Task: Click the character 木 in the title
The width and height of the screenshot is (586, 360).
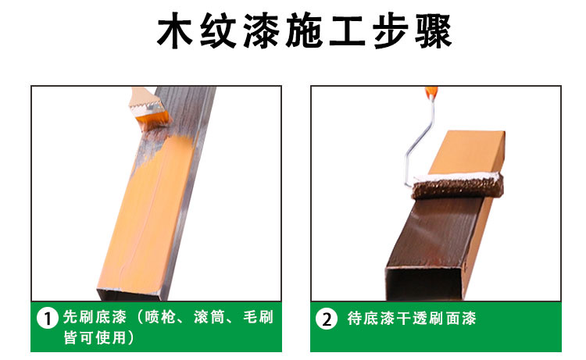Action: tap(175, 30)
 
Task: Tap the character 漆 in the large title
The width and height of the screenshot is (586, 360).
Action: tap(261, 30)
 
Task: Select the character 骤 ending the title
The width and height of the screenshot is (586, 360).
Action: tap(434, 30)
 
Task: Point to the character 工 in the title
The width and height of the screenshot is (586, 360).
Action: tap(347, 30)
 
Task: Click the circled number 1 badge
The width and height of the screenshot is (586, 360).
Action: tap(48, 318)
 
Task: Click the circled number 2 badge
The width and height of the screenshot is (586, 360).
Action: tap(327, 319)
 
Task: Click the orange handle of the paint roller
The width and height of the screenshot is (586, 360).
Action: tap(431, 93)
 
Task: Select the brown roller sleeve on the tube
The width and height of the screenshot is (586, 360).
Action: tap(457, 186)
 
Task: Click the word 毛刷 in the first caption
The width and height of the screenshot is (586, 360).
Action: tap(259, 317)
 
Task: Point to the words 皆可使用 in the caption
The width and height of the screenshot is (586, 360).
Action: tap(95, 337)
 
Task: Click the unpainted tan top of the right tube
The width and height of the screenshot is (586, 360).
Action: tap(467, 152)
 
